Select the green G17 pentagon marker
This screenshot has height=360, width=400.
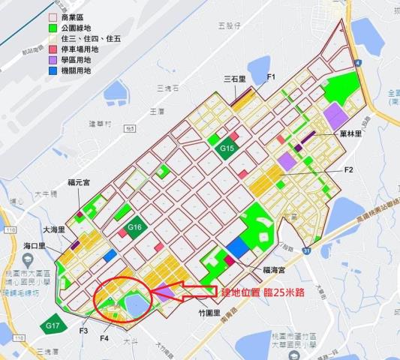[x=52, y=325]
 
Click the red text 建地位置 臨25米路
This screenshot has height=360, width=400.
[x=262, y=292]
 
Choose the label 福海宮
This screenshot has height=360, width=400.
[x=278, y=268]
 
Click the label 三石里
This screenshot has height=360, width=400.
[x=236, y=78]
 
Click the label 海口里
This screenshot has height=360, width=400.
[x=35, y=245]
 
